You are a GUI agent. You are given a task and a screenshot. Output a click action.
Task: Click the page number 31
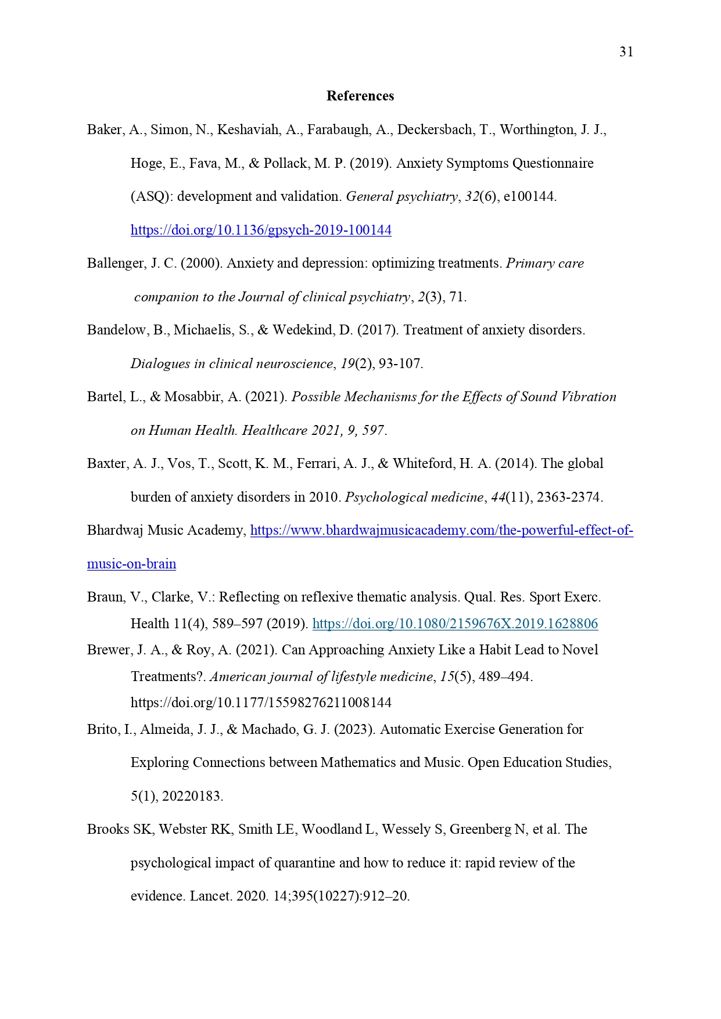(626, 52)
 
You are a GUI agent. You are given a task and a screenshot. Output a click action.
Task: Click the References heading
(360, 96)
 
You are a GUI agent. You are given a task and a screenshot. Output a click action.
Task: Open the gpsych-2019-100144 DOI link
(261, 231)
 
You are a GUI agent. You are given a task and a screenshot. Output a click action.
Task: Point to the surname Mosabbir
(194, 397)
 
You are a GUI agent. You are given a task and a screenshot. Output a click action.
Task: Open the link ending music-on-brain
(131, 564)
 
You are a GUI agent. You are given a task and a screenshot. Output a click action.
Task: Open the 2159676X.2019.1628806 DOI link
(455, 624)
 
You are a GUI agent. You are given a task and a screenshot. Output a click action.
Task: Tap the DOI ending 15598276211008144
(261, 703)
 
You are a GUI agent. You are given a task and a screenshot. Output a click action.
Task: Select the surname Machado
(268, 730)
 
